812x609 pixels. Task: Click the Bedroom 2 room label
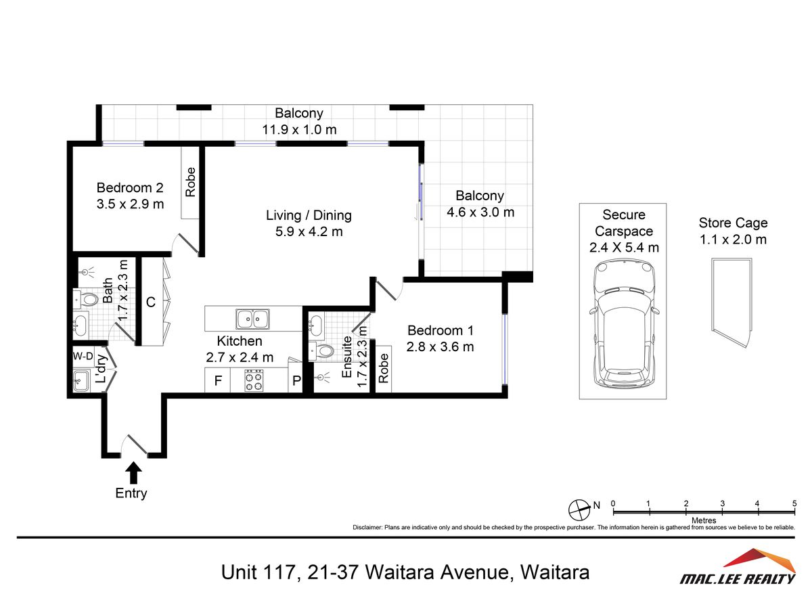(x=130, y=187)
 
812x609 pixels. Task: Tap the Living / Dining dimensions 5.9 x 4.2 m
(x=309, y=232)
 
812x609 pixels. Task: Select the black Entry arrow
(x=133, y=473)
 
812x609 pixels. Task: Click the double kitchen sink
(x=252, y=319)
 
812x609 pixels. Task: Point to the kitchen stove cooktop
(x=254, y=380)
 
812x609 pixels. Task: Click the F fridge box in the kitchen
(x=218, y=380)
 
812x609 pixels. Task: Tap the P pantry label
(x=296, y=380)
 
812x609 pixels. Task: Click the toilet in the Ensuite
(x=321, y=351)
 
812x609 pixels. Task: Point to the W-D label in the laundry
(x=83, y=356)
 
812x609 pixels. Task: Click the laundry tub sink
(x=81, y=380)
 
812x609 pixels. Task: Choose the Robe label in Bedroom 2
(x=190, y=182)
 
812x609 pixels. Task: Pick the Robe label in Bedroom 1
(x=383, y=368)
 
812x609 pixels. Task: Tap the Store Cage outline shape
(x=732, y=302)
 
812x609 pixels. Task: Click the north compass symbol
(x=579, y=510)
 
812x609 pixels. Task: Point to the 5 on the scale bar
(x=794, y=503)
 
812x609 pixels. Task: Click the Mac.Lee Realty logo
(x=738, y=567)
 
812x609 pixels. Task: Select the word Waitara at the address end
(x=555, y=572)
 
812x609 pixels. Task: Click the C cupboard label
(x=151, y=302)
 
